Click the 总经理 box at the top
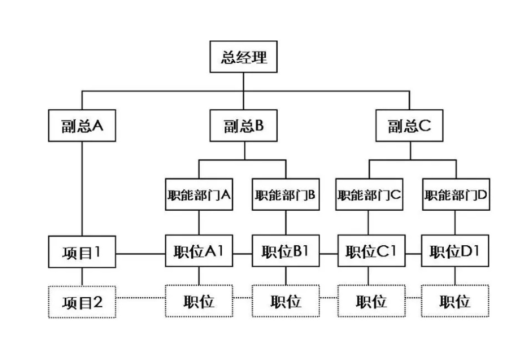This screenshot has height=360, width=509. tap(244, 57)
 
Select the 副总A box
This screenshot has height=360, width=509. tap(82, 126)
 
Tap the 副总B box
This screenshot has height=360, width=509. tap(244, 126)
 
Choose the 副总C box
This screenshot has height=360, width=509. tap(409, 126)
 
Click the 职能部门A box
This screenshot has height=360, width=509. tap(199, 194)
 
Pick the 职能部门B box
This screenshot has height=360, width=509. tap(286, 194)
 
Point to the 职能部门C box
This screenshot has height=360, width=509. tap(370, 194)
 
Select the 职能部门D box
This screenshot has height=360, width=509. tap(456, 194)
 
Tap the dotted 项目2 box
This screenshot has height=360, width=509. tap(82, 302)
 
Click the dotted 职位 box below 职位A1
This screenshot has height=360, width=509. tap(199, 302)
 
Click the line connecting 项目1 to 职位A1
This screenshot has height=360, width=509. tap(141, 254)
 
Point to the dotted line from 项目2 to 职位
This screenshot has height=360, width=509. tap(141, 298)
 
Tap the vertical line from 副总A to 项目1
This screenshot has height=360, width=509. tap(82, 188)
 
